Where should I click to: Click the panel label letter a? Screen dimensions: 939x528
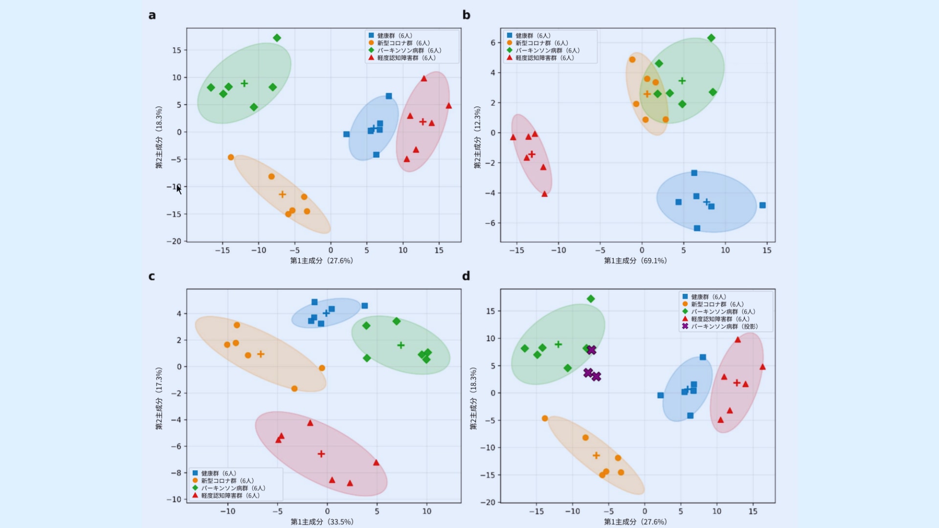(152, 15)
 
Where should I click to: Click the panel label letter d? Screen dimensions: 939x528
(466, 276)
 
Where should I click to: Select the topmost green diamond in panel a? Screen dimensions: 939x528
(277, 38)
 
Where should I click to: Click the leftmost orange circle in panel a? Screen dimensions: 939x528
(231, 157)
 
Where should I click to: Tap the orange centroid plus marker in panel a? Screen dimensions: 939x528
(282, 194)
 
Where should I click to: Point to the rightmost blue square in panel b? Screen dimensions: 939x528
(762, 205)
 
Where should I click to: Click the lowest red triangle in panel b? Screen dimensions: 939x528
(544, 194)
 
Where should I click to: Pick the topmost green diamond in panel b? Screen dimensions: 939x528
(711, 38)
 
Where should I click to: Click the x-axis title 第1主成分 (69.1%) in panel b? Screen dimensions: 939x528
(635, 261)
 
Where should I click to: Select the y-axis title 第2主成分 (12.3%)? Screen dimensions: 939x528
(477, 137)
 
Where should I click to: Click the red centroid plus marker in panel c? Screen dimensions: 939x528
(321, 454)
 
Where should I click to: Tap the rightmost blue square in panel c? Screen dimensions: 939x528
(364, 306)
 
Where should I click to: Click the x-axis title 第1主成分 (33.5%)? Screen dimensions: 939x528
(322, 522)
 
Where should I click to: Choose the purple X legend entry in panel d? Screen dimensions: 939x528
(720, 326)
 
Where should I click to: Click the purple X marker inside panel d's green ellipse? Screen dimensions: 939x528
(591, 350)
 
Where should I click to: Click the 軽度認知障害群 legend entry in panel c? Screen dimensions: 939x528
(226, 495)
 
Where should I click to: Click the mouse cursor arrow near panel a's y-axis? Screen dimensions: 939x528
(179, 190)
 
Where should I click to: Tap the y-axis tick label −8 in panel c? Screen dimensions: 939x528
(176, 473)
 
